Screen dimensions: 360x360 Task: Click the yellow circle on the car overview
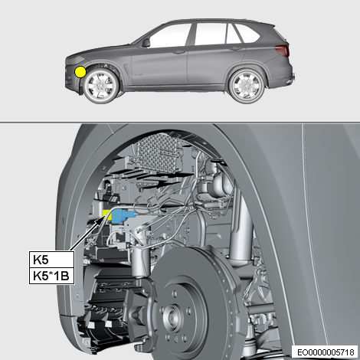[x=80, y=72]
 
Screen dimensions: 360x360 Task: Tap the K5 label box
[x=51, y=260]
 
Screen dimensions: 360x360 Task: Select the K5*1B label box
[x=51, y=276]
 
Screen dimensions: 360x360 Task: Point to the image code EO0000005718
[x=326, y=352]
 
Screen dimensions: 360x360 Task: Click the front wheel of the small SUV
[x=101, y=86]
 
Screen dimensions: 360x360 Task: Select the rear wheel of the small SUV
[x=247, y=85]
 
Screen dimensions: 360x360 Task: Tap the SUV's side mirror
[x=146, y=43]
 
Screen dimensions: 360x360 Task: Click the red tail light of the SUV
[x=282, y=51]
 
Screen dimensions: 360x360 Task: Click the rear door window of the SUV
[x=210, y=34]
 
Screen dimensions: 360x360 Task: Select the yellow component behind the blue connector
[x=106, y=215]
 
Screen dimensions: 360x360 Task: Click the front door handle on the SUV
[x=178, y=52]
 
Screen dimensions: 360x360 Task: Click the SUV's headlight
[x=76, y=60]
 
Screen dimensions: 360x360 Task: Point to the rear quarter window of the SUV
[x=247, y=34]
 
